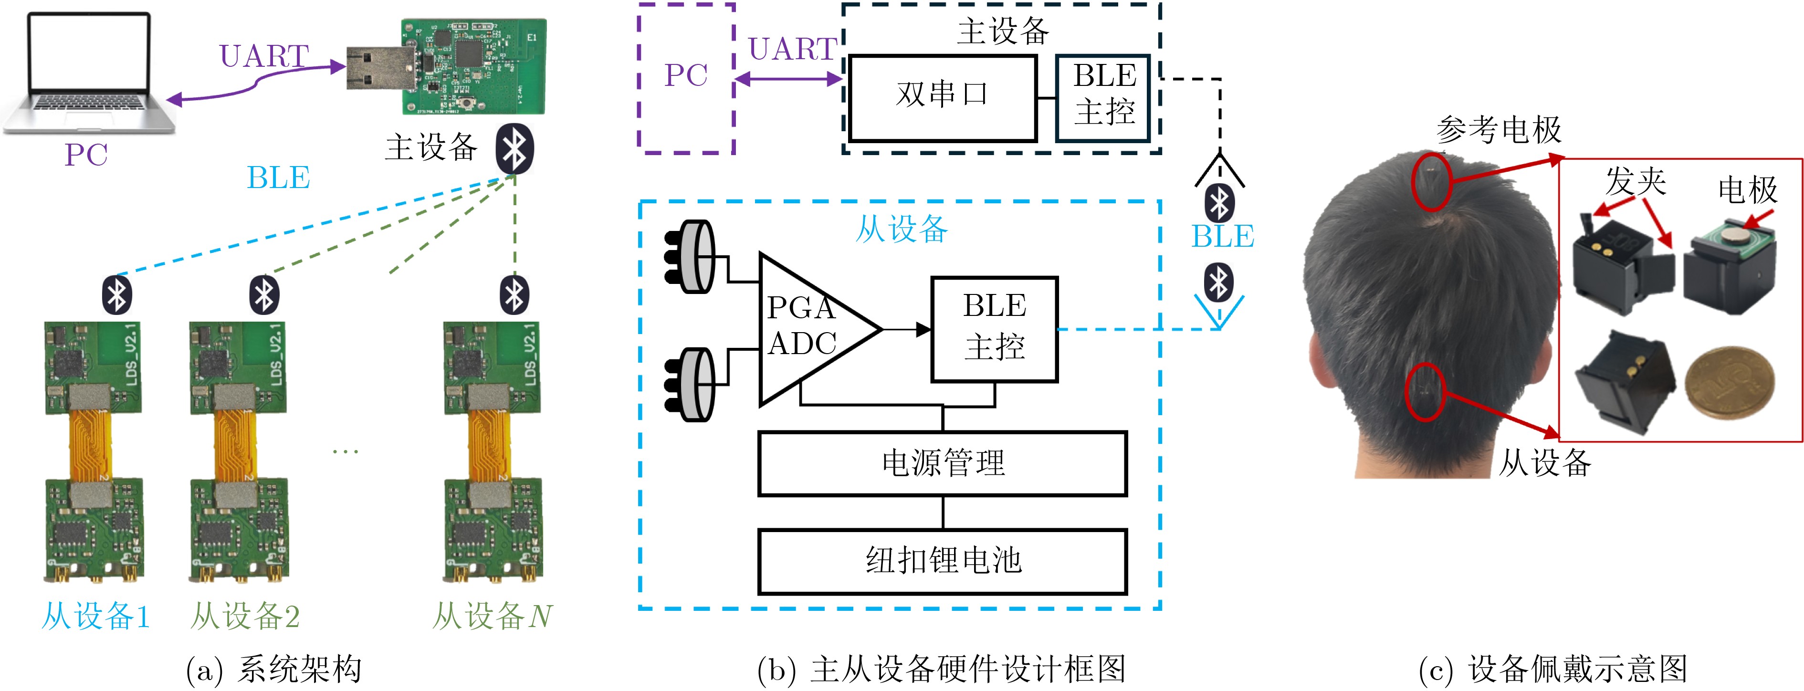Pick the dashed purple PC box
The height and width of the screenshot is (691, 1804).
pos(686,77)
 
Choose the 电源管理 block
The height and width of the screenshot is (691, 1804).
pos(942,463)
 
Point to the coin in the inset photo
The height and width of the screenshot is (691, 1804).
pos(1729,382)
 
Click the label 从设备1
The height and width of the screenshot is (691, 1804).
pos(96,616)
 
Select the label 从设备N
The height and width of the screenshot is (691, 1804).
pos(493,616)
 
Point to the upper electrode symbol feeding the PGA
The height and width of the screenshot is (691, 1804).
pos(690,257)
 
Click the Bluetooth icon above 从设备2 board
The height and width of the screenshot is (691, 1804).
pos(264,295)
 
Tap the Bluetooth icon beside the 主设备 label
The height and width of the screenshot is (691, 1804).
pos(515,149)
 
